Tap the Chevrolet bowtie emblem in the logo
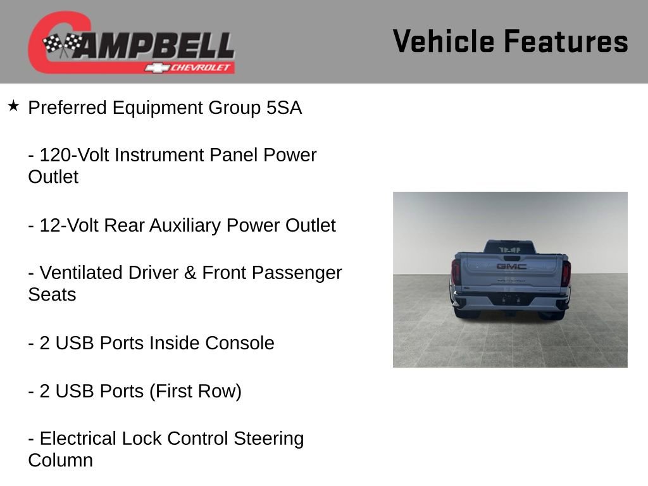coord(156,68)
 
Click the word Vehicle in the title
coord(444,42)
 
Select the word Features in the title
coord(566,42)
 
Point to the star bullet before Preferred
coord(13,106)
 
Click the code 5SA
coord(284,108)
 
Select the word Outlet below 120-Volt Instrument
coord(53,177)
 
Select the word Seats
coord(52,295)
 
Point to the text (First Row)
coord(196,391)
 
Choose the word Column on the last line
coord(60,461)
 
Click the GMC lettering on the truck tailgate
coord(511,266)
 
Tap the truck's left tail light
coord(456,272)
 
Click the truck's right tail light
coord(566,273)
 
